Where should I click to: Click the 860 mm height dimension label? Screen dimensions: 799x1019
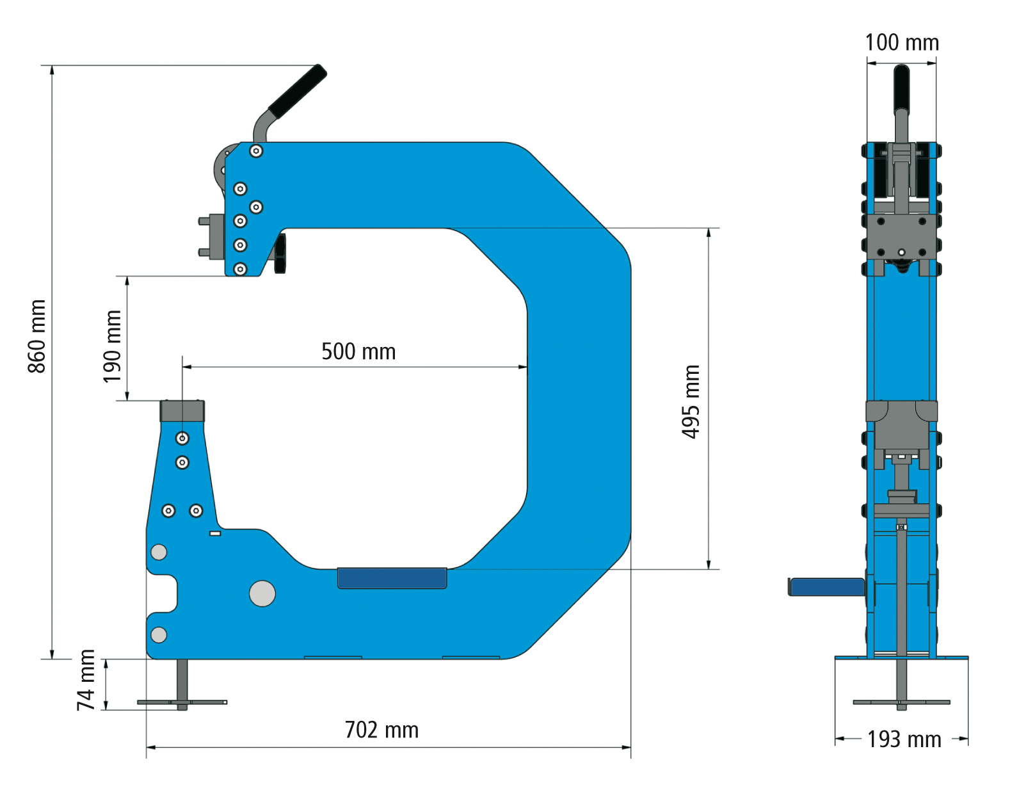click(37, 336)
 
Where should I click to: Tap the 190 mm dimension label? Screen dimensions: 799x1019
click(112, 346)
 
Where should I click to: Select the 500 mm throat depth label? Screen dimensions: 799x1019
click(358, 351)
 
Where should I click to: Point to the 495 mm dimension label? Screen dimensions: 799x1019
click(691, 401)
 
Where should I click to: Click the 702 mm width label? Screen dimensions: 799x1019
click(381, 730)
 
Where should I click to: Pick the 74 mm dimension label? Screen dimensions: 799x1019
click(86, 680)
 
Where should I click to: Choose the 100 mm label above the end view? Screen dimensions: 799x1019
click(902, 43)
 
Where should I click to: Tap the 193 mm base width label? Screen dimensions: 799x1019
click(904, 739)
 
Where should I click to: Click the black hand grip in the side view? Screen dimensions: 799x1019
click(298, 91)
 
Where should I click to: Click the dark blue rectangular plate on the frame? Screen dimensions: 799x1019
click(392, 578)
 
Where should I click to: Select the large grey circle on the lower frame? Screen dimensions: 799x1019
click(262, 593)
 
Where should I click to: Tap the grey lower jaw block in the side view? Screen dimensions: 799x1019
click(182, 411)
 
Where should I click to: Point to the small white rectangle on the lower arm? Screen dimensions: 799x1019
click(215, 533)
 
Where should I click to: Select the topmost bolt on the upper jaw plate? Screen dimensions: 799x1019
click(256, 151)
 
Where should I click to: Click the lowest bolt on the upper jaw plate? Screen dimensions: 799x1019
click(240, 269)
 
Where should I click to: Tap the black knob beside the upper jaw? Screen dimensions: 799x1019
click(280, 254)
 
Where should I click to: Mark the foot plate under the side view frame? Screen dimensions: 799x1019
click(182, 702)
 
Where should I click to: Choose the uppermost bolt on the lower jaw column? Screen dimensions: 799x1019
click(182, 439)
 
